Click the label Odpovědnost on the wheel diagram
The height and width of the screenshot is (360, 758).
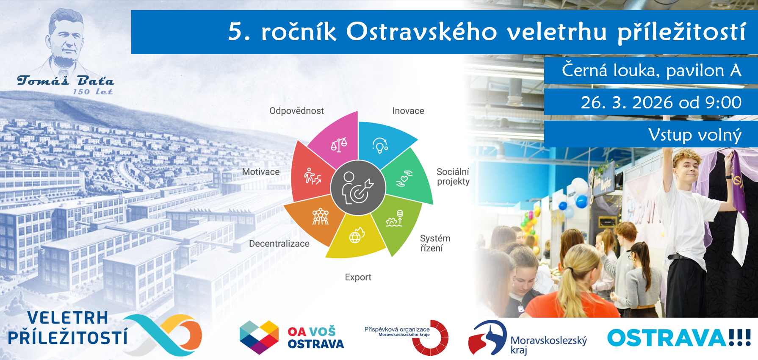pos(296,111)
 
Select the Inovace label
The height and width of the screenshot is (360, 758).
pos(408,111)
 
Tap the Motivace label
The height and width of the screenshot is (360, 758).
pos(261,172)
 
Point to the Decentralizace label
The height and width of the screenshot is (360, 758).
pos(279,244)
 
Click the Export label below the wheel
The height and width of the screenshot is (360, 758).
pos(358,277)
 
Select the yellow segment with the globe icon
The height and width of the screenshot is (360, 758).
pos(355,237)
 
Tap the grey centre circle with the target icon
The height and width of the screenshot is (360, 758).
pos(358,188)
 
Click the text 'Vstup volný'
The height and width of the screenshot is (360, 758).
pos(695,135)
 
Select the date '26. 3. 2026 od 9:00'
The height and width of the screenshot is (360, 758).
pos(661,102)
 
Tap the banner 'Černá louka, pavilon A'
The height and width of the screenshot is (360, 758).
pos(651,70)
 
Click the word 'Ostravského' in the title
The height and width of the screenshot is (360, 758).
pos(421,32)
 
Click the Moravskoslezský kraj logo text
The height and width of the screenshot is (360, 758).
pos(548,345)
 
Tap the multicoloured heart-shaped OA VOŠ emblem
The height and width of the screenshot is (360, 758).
pos(259,337)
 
